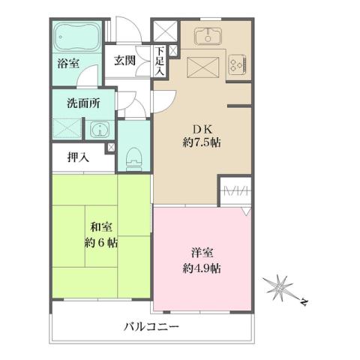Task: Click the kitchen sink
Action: tap(205, 36)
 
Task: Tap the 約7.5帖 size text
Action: tap(199, 142)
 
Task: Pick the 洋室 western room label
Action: tap(199, 253)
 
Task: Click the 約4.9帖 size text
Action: tap(201, 268)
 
